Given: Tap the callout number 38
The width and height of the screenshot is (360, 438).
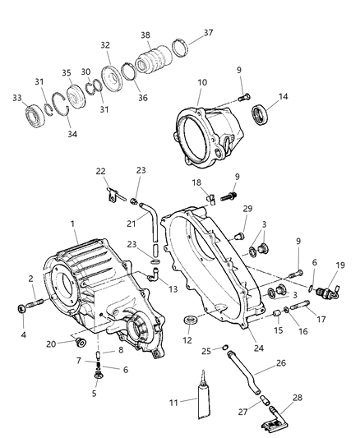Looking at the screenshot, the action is point(145,35).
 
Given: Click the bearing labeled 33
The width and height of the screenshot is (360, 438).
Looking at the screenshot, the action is point(35,116).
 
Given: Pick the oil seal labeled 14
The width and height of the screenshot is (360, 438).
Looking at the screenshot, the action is point(260,114).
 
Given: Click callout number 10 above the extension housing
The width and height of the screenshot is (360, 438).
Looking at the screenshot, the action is point(202,83).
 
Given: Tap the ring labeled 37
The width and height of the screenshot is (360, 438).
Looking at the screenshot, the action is point(180,48).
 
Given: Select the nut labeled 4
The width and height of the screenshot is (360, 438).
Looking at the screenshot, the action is point(21,308).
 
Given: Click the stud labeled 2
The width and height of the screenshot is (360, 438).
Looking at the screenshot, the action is point(35,303).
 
